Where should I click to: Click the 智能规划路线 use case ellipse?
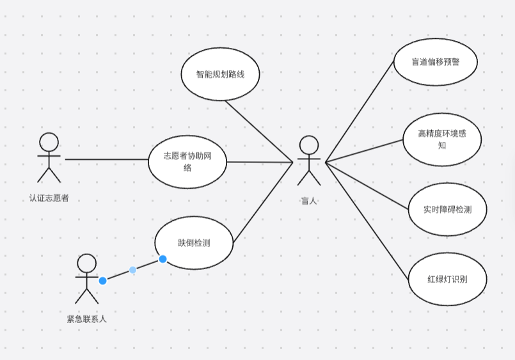pyautogui.click(x=220, y=74)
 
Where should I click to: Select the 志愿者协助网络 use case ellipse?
pyautogui.click(x=187, y=162)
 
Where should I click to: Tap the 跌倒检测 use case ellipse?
pyautogui.click(x=194, y=243)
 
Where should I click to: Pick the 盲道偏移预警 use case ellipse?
pyautogui.click(x=435, y=62)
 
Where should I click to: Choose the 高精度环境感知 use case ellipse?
pyautogui.click(x=441, y=140)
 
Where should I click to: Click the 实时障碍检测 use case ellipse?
pyautogui.click(x=447, y=209)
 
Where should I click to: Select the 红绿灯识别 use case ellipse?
pyautogui.click(x=447, y=279)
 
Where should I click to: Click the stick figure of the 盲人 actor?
pyautogui.click(x=309, y=160)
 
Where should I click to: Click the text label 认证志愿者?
pyautogui.click(x=49, y=198)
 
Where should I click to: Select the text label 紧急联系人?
pyautogui.click(x=86, y=318)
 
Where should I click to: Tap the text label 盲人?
pyautogui.click(x=309, y=201)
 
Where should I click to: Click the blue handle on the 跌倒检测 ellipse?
pyautogui.click(x=162, y=259)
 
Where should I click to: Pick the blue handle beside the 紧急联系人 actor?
pyautogui.click(x=102, y=281)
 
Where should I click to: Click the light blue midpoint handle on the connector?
pyautogui.click(x=132, y=270)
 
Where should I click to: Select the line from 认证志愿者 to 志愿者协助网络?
pyautogui.click(x=106, y=159)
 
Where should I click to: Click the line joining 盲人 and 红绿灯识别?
pyautogui.click(x=367, y=221)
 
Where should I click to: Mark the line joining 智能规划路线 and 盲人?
pyautogui.click(x=258, y=131)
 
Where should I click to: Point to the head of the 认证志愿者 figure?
pyautogui.click(x=49, y=141)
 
